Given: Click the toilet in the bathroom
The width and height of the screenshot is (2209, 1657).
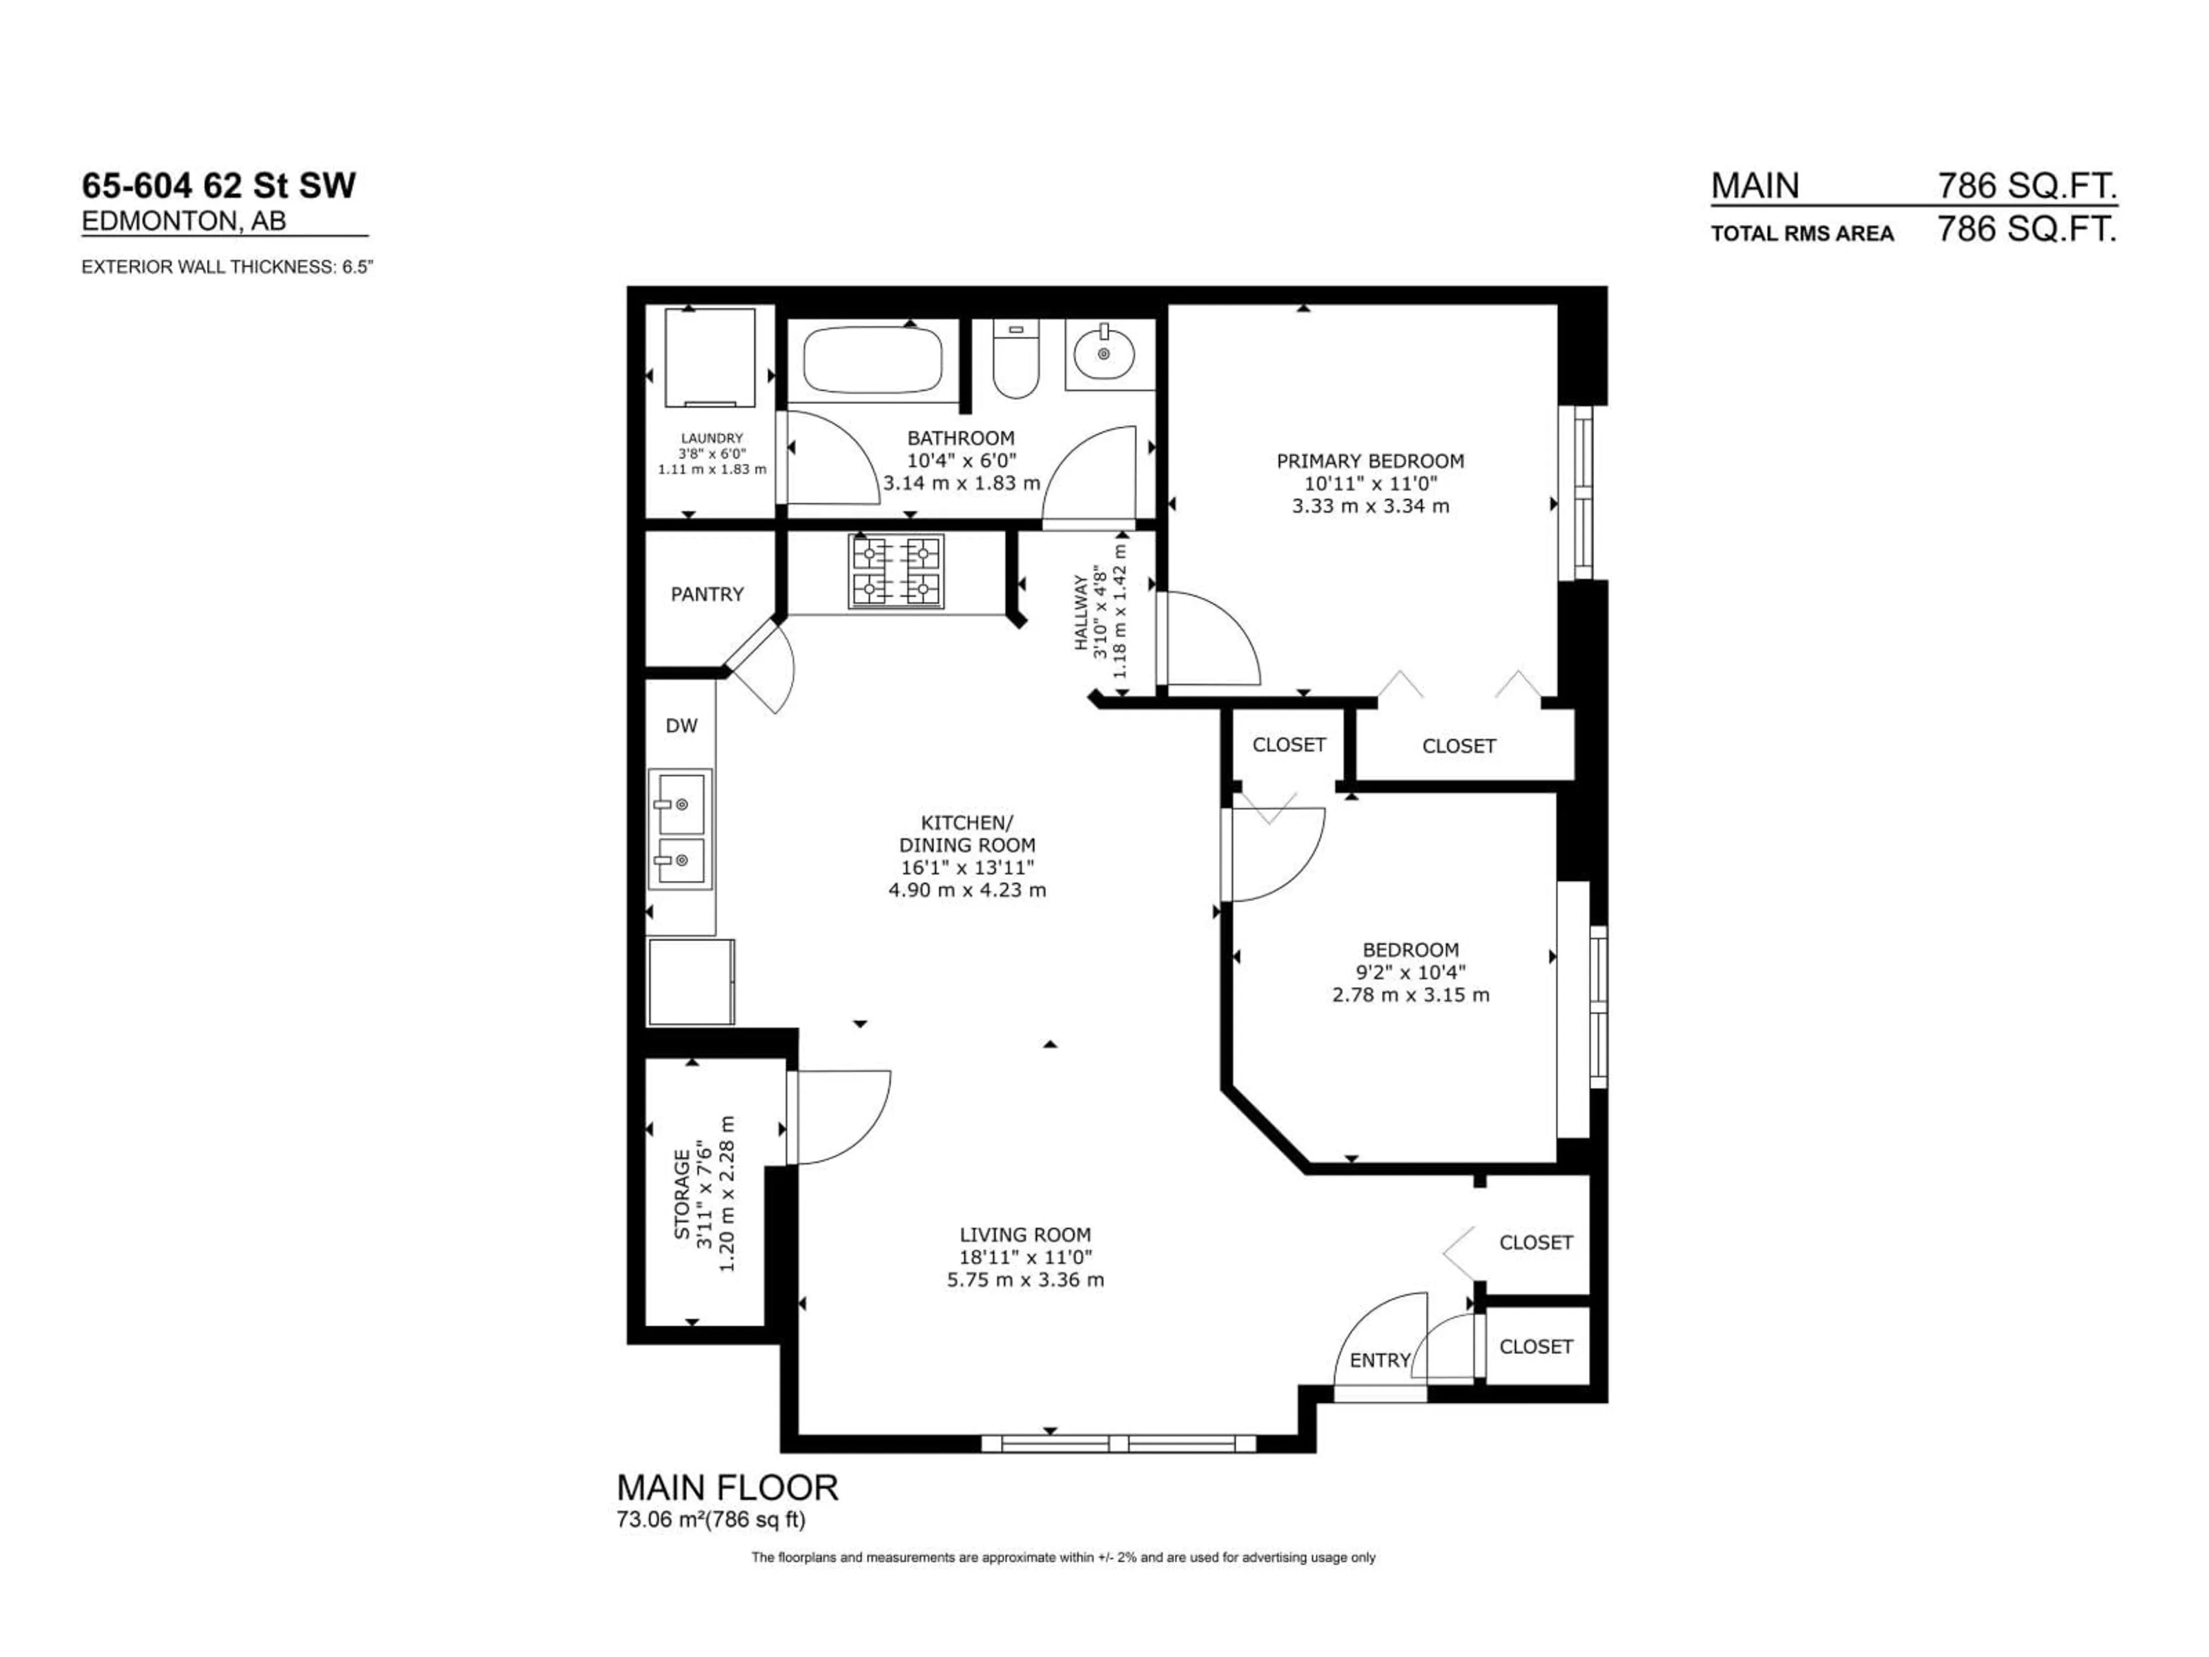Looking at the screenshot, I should [1016, 360].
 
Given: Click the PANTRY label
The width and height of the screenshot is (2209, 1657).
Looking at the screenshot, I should [707, 594].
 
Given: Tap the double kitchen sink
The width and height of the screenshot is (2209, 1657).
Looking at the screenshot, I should [680, 828].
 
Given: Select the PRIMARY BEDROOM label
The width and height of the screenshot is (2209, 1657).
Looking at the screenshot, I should [1370, 461].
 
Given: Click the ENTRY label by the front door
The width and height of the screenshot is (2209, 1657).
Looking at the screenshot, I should [1379, 1360].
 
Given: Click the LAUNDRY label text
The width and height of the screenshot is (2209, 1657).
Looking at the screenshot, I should [712, 437].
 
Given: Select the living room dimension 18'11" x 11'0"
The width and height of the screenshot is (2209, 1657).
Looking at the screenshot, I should [1026, 1258].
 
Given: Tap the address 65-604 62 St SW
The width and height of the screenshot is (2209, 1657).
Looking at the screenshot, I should [219, 186].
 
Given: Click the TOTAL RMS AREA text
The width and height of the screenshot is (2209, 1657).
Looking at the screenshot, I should [1802, 234].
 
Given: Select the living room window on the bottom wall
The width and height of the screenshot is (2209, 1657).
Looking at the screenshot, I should [1118, 1443].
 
